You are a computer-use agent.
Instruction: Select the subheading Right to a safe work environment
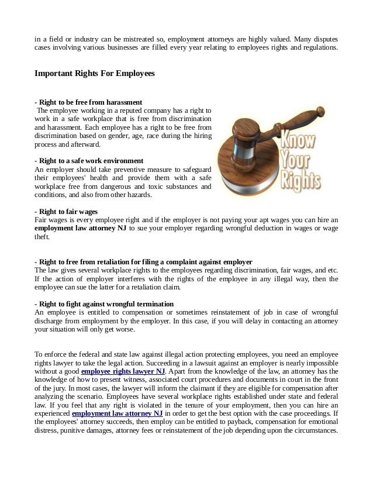click(89, 161)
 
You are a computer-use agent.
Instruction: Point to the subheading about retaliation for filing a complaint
click(143, 261)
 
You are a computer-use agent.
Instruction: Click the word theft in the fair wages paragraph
click(42, 237)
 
